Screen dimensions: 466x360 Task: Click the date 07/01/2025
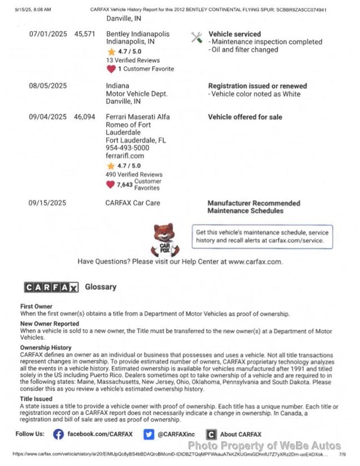48,34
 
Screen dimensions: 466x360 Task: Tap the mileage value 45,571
85,34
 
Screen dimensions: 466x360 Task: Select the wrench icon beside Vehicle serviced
196,38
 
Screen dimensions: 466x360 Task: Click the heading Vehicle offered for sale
245,117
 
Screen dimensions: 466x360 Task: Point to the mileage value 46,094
85,117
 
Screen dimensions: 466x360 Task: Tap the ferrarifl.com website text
125,156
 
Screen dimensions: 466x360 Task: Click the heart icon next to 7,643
110,184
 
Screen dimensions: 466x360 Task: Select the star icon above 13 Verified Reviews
111,52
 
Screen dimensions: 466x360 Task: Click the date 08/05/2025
48,86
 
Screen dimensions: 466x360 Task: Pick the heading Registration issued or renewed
258,86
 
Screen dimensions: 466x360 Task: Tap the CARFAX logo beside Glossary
51,287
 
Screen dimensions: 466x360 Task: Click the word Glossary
101,287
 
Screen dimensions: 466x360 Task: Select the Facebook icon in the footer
58,434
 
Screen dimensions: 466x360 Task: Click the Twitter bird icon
148,434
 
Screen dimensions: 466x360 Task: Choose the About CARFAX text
240,434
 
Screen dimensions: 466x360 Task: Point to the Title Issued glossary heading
37,398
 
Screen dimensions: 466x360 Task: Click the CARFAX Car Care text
133,203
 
